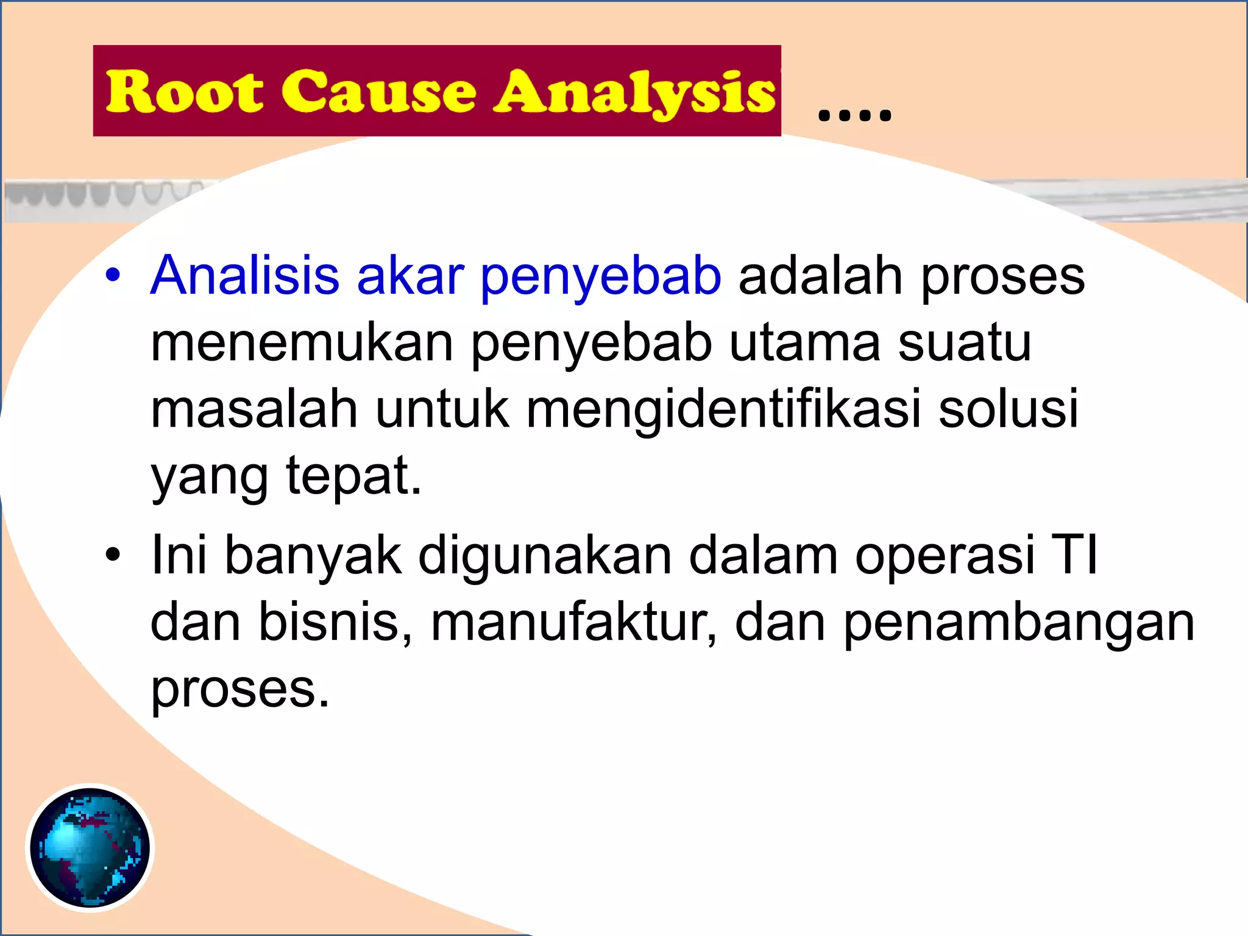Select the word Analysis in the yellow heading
634,93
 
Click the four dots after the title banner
854,114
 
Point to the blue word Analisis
244,275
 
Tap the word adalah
820,276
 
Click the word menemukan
302,343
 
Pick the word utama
804,343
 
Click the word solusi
1009,409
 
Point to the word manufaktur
573,622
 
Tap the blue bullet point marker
113,275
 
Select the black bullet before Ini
113,555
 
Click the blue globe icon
90,848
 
